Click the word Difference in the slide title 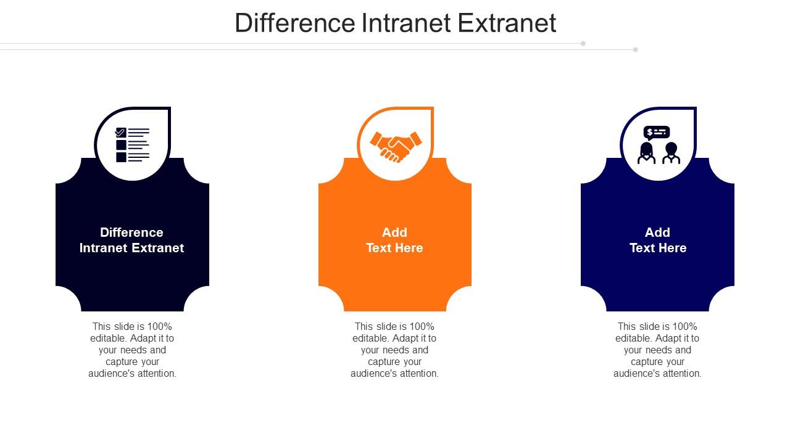pyautogui.click(x=294, y=23)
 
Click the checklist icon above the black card pyautogui.click(x=133, y=145)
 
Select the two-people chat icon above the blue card pyautogui.click(x=658, y=146)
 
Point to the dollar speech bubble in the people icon pyautogui.click(x=656, y=133)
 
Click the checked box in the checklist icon pyautogui.click(x=121, y=132)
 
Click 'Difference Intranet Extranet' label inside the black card pyautogui.click(x=132, y=240)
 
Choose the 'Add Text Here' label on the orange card pyautogui.click(x=394, y=240)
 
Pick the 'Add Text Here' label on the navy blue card pyautogui.click(x=657, y=240)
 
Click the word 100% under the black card pyautogui.click(x=160, y=326)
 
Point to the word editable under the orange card pyautogui.click(x=370, y=338)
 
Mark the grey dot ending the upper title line pyautogui.click(x=583, y=44)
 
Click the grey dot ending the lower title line pyautogui.click(x=635, y=49)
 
